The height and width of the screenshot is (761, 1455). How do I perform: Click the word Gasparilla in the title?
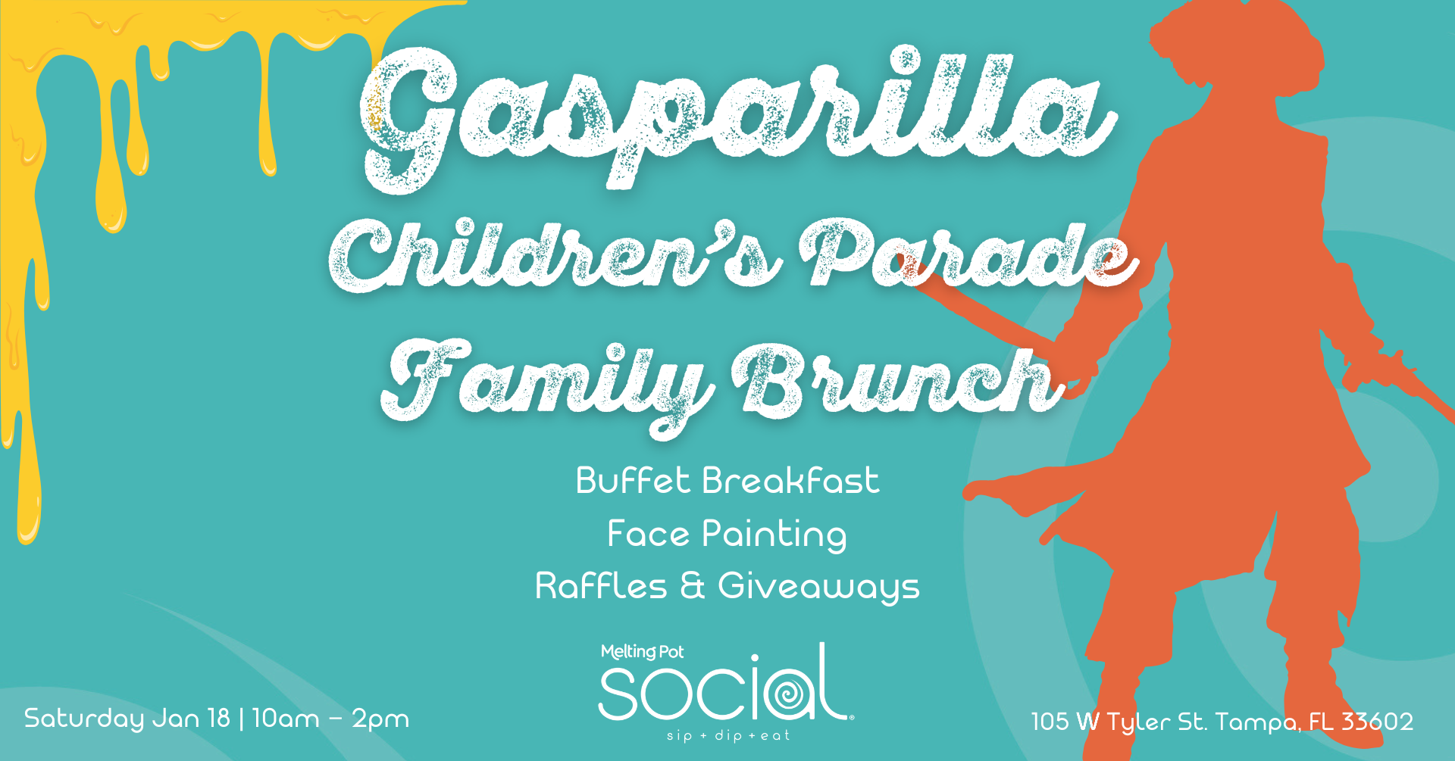coord(739,117)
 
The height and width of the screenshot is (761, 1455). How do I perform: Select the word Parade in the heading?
coord(969,253)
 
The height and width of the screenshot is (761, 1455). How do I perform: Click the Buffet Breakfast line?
coord(727,481)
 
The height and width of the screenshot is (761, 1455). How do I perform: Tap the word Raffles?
coord(601,586)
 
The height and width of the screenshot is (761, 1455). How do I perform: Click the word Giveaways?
coord(818,588)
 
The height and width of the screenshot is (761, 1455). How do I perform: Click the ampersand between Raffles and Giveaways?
coord(693,586)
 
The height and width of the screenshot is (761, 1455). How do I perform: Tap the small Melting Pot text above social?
coord(642,652)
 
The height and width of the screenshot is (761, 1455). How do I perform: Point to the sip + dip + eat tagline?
coord(728,735)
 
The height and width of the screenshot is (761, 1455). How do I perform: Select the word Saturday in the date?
coord(84,719)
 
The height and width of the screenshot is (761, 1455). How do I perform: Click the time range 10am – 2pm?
coord(330,718)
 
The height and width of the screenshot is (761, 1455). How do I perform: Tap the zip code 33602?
coord(1377,721)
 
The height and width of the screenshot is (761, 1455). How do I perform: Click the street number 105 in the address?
coord(1050,721)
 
